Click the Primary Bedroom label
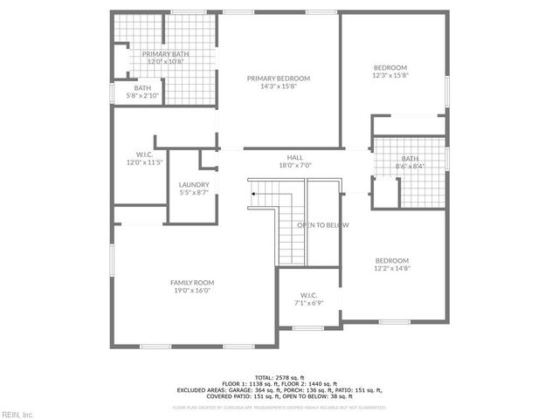tap(278, 79)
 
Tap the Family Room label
tap(192, 283)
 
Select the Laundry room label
tap(193, 185)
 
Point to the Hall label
tap(294, 157)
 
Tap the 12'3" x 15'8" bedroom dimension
tap(390, 76)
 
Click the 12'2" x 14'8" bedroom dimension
tap(392, 269)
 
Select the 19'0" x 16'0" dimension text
tap(192, 291)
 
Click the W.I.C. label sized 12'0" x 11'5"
tap(140, 154)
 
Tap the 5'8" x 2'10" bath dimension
tap(143, 95)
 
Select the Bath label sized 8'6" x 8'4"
tap(410, 159)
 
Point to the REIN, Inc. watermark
tap(17, 414)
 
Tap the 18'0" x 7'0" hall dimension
tap(294, 165)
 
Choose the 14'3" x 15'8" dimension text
tap(278, 86)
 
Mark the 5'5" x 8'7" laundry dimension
tap(193, 193)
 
